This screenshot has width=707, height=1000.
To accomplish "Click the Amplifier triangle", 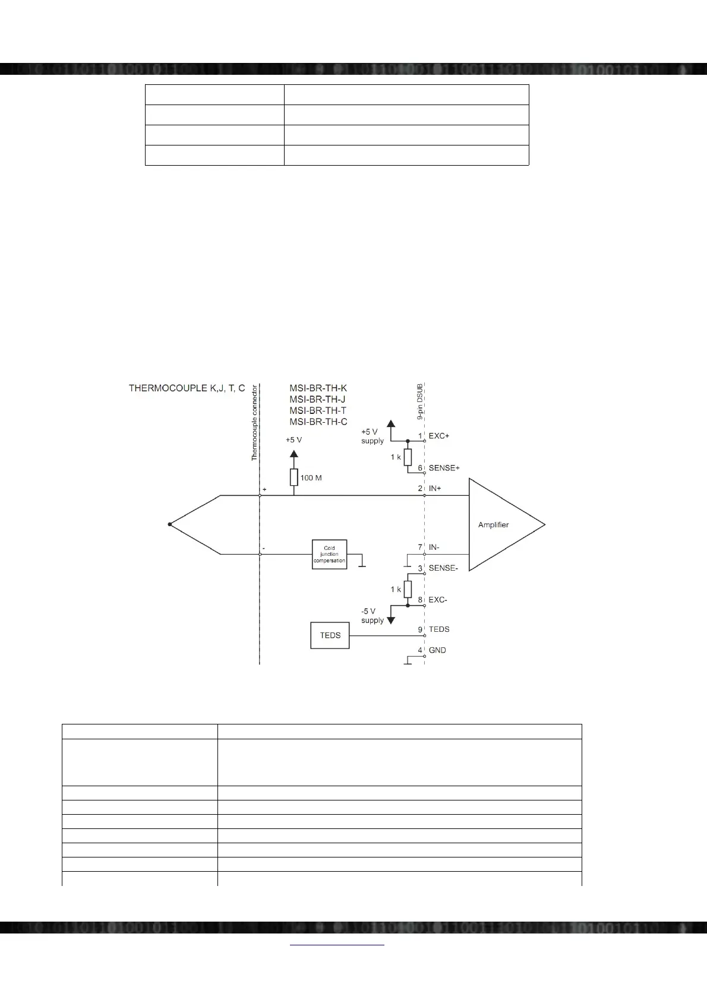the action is tap(502, 525).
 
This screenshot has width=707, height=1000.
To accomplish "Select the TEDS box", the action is tap(330, 635).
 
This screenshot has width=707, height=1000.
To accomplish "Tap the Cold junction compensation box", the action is tap(329, 555).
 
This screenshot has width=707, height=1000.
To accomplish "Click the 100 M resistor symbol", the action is tap(293, 477).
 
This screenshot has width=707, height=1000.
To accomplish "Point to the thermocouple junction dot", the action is tap(170, 524).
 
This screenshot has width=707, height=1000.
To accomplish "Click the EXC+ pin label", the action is tap(439, 436).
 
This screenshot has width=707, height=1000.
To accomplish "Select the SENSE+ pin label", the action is tap(444, 468).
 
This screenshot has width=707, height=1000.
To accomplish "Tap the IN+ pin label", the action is tap(435, 489).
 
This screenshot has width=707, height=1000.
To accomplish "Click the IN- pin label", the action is tap(434, 548).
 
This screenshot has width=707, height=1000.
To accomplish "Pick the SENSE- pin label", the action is tap(443, 568).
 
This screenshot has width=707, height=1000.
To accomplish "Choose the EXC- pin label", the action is tap(438, 600).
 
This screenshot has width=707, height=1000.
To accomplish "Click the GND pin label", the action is tap(437, 650).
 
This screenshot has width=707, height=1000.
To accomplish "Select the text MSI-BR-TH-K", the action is tap(318, 388).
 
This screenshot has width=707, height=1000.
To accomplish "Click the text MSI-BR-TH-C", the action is tap(318, 422).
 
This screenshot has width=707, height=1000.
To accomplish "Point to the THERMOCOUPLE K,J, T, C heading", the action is tap(187, 388).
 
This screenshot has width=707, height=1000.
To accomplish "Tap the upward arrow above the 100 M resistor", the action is tap(293, 455).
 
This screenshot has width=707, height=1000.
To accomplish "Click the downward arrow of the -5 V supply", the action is tap(391, 619).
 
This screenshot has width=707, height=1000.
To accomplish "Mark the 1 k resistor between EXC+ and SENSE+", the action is tap(408, 457).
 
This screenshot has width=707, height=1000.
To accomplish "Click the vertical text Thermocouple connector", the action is tap(254, 423).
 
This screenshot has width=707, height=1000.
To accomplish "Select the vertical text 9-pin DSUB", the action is tap(419, 401).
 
